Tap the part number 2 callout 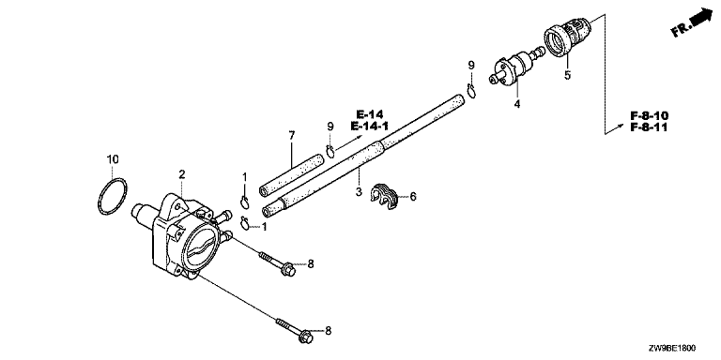[x=182, y=174]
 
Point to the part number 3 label [x=359, y=190]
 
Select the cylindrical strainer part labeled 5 [x=567, y=37]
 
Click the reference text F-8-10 [x=650, y=115]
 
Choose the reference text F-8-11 [x=649, y=127]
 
